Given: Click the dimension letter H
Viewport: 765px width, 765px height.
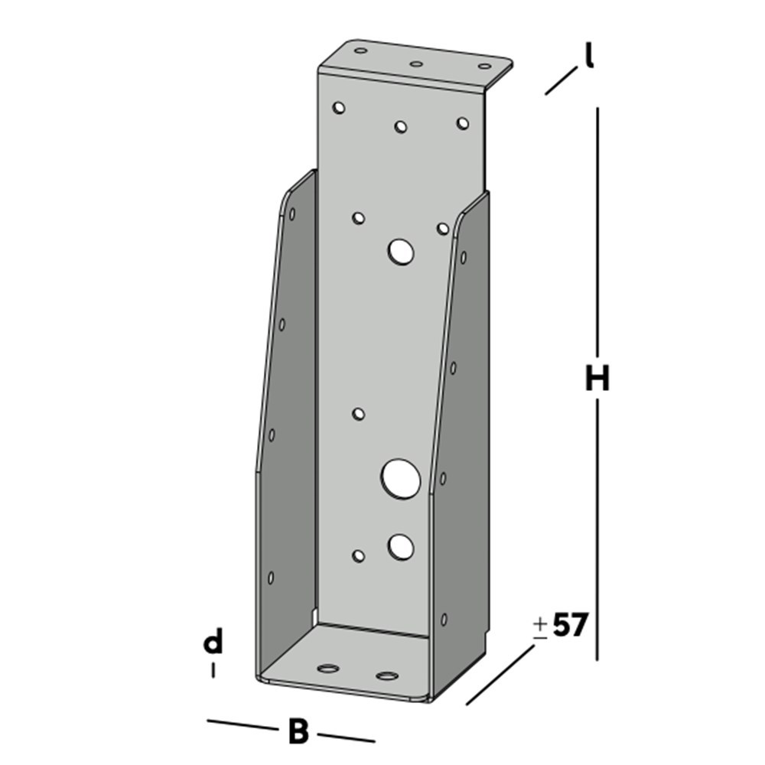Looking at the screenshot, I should pyautogui.click(x=597, y=379).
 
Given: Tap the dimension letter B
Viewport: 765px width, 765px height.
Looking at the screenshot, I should pyautogui.click(x=298, y=732).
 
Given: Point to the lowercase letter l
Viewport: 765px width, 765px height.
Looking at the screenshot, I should pyautogui.click(x=589, y=57).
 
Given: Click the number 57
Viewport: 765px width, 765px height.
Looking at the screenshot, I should pyautogui.click(x=569, y=626).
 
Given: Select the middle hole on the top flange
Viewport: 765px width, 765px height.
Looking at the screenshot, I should pyautogui.click(x=416, y=64).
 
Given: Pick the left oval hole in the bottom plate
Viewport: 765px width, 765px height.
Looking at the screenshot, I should pyautogui.click(x=328, y=668).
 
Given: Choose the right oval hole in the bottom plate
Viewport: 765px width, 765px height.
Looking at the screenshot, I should pyautogui.click(x=387, y=676).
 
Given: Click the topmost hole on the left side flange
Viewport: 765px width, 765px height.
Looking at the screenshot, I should pyautogui.click(x=291, y=213).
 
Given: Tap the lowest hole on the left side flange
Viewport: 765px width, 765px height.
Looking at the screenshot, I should pyautogui.click(x=270, y=578).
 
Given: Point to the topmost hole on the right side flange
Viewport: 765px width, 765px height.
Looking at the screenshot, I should pyautogui.click(x=463, y=257).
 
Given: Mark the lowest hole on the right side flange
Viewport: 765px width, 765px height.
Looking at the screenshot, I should pyautogui.click(x=444, y=619).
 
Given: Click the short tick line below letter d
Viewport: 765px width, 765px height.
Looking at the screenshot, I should pyautogui.click(x=213, y=670).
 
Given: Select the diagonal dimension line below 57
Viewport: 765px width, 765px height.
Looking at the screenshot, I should pyautogui.click(x=500, y=675).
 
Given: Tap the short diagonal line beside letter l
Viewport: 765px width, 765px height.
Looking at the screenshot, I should pyautogui.click(x=561, y=81).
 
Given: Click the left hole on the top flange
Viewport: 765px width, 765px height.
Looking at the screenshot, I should pyautogui.click(x=360, y=51).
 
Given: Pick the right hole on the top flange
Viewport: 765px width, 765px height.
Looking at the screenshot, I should pyautogui.click(x=485, y=67).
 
